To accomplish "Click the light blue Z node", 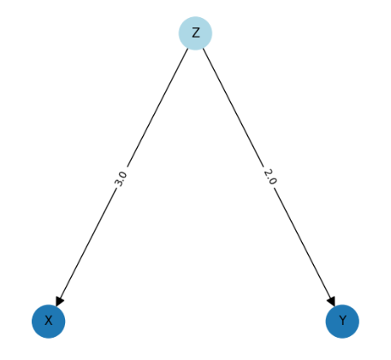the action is (x=195, y=33).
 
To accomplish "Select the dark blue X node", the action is (x=49, y=322).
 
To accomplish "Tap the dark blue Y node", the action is (x=342, y=322).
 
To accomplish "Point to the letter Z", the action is (x=195, y=33).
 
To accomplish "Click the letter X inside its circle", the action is (x=49, y=321).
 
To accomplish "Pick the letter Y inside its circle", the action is (x=342, y=321).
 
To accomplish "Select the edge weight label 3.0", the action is (x=121, y=179).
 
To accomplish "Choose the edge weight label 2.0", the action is (x=270, y=177).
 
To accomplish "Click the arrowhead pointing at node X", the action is (x=60, y=301).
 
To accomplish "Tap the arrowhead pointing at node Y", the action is (x=331, y=301).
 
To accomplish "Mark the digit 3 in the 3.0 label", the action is (x=118, y=184).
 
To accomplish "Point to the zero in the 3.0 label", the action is (x=123, y=174).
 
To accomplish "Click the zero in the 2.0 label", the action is (x=273, y=181).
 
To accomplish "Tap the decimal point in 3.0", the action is (x=121, y=180).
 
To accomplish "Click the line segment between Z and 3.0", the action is (x=157, y=108).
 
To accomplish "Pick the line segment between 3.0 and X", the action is (x=87, y=245).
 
